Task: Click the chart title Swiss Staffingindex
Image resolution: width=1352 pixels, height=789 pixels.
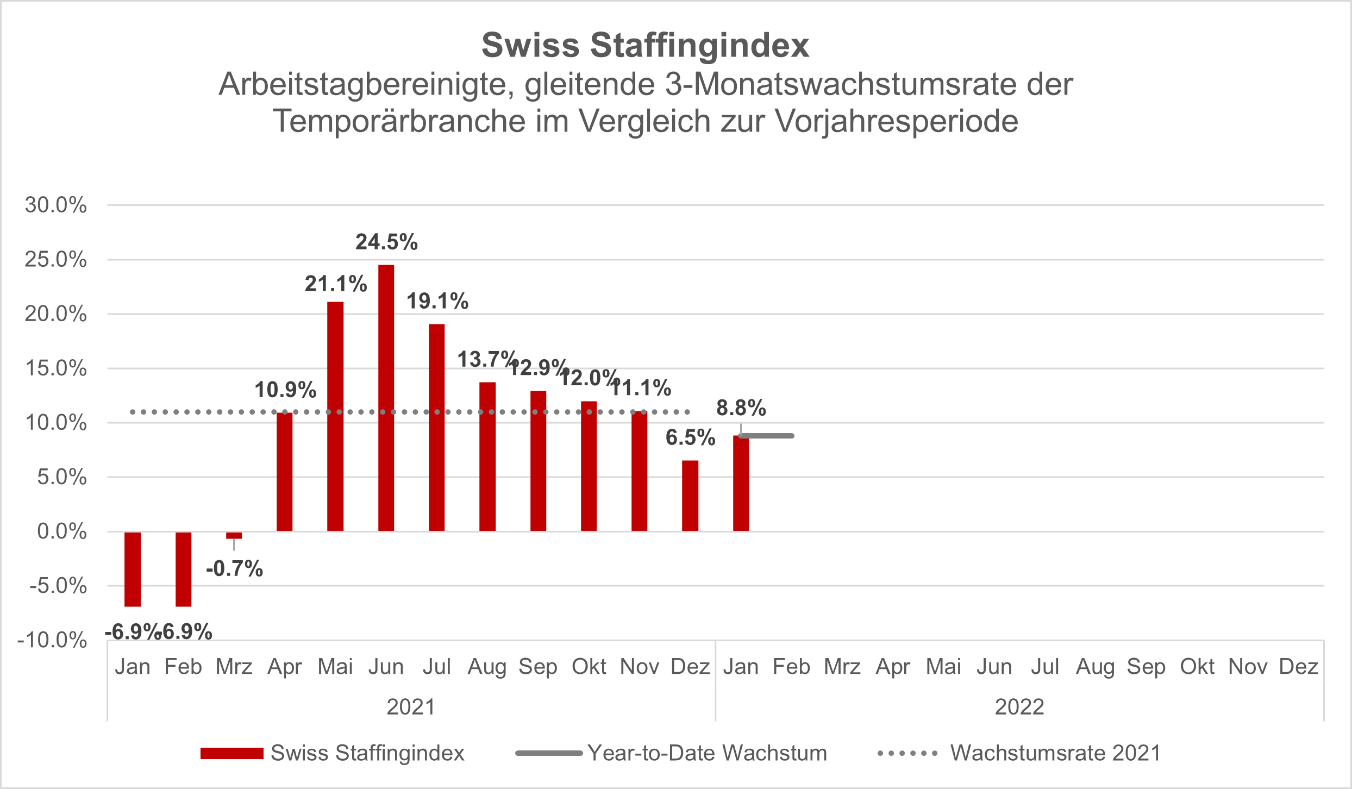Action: point(645,45)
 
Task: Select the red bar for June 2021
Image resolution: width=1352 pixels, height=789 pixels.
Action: point(386,398)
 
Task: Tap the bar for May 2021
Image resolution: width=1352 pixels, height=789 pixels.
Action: point(335,416)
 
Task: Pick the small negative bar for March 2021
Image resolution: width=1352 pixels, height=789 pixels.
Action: point(234,535)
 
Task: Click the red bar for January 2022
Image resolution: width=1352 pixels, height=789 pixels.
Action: point(741,483)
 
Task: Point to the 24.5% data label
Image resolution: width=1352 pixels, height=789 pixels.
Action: point(386,242)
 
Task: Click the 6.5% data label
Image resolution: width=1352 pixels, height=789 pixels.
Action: point(690,437)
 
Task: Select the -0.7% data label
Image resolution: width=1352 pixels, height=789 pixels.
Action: point(234,569)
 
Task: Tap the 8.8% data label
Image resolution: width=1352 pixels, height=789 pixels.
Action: point(741,408)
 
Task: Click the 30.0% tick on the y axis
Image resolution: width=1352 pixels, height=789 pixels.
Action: point(55,205)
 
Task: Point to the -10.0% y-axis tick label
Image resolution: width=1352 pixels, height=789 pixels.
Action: point(52,640)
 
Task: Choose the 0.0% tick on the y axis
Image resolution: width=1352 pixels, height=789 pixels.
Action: point(61,531)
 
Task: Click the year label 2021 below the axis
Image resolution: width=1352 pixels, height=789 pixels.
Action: point(411,707)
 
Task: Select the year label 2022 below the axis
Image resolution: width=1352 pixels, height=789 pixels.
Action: point(1019,707)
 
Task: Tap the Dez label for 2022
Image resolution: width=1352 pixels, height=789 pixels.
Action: point(1298,667)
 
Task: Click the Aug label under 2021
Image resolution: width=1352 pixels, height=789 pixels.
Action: point(487,667)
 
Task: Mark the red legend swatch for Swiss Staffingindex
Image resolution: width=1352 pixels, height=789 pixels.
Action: point(232,753)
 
